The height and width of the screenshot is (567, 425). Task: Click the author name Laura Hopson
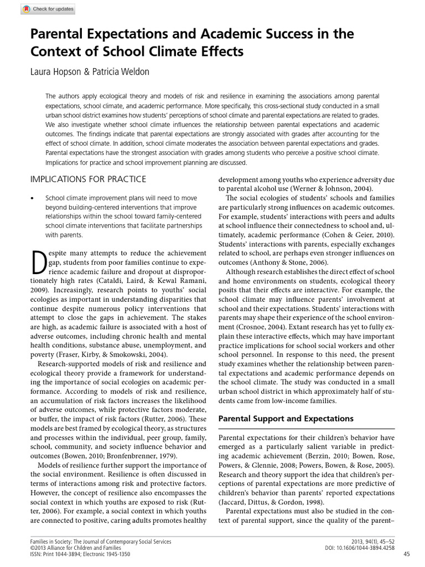point(56,73)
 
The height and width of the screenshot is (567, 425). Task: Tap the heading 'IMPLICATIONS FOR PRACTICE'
point(88,179)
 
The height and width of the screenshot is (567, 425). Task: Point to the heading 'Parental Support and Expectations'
point(286,418)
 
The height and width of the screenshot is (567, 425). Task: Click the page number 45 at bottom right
point(407,554)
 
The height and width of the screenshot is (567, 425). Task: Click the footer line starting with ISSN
point(80,554)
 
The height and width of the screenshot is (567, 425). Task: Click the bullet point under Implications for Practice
point(33,198)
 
